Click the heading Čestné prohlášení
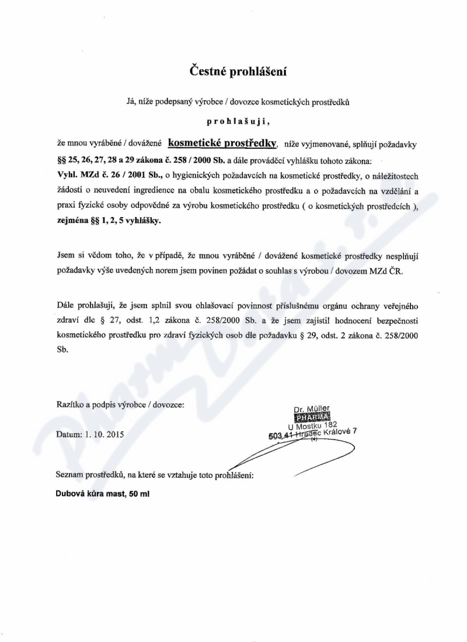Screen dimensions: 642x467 click(240, 72)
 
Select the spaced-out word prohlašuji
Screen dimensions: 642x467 click(239, 123)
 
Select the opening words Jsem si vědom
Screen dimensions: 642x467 click(84, 256)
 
